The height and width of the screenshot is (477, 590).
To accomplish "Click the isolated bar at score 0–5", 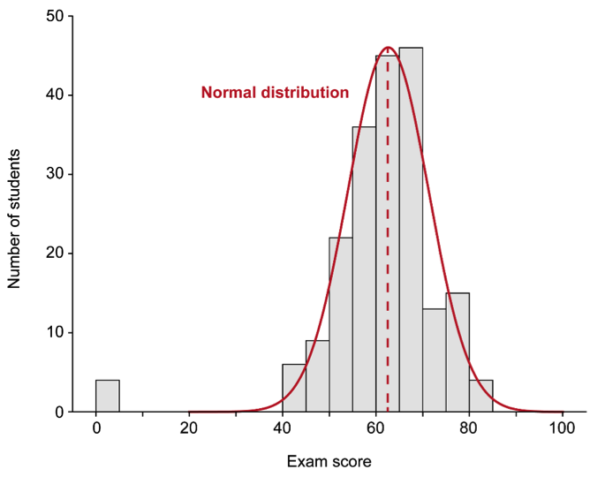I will click(107, 396).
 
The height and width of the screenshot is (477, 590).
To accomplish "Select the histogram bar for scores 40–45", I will click(294, 388).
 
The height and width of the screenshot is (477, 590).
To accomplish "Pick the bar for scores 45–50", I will click(317, 376).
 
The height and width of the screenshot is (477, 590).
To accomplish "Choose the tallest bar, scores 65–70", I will click(411, 230).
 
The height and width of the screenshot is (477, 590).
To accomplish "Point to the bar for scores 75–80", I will click(458, 352).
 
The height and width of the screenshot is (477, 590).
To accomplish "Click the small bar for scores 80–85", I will click(480, 396).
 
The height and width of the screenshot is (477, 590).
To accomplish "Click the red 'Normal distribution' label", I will click(275, 92).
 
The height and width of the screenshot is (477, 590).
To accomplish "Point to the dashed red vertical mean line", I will click(388, 265).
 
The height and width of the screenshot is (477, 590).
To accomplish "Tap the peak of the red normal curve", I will click(388, 48).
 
